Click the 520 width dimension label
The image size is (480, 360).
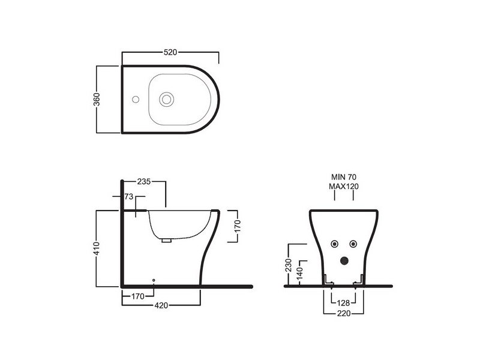[170, 52]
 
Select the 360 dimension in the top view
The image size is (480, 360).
[97, 99]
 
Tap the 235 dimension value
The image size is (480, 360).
[144, 182]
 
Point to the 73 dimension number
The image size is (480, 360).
[129, 196]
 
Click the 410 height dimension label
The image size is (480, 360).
[96, 248]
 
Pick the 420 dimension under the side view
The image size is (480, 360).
[161, 305]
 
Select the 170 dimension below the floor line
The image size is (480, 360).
[138, 296]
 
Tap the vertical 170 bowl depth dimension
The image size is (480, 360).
[238, 226]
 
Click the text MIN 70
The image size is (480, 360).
[344, 177]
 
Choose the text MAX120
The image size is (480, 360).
[343, 186]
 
